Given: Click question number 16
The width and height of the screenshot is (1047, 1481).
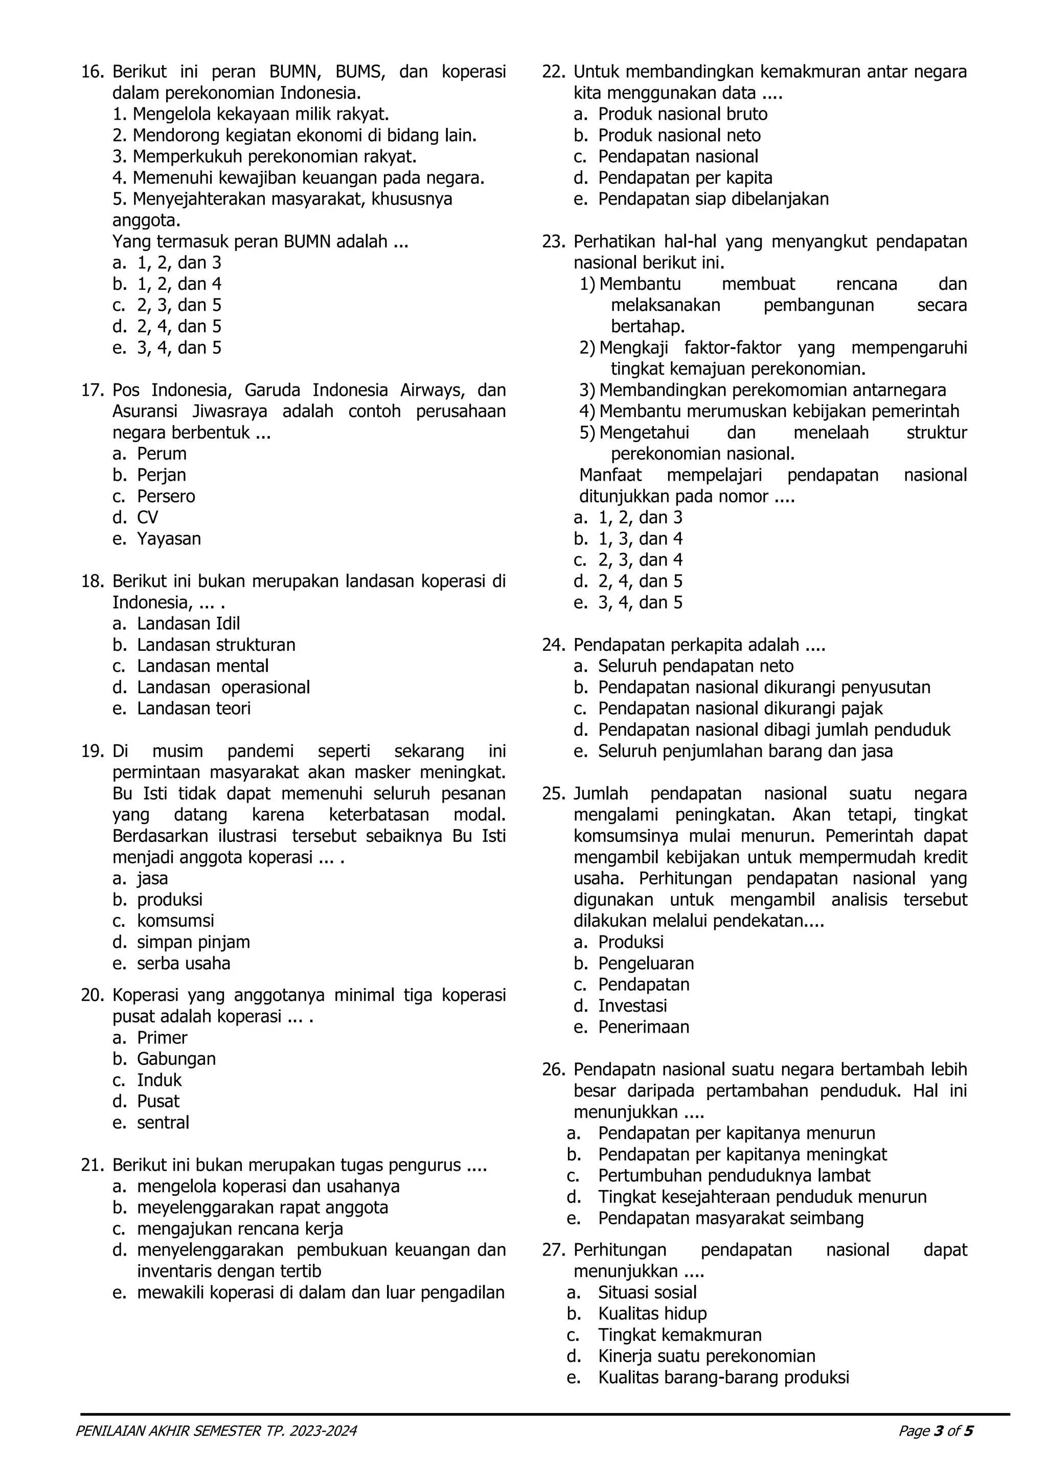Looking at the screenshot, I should (x=92, y=72).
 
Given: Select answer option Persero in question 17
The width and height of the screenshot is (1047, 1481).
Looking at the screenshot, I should (x=166, y=496).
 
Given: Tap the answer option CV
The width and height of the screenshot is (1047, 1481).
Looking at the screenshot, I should (x=147, y=517).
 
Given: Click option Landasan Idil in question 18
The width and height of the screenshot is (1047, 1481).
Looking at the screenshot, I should (x=188, y=624).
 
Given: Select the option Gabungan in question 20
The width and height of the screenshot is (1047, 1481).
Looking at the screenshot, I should (x=176, y=1059).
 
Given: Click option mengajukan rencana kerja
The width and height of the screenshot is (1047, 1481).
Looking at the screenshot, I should (x=240, y=1229).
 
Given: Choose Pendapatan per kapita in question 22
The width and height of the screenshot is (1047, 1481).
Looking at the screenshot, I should (x=685, y=178).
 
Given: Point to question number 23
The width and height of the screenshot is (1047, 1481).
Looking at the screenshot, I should (x=554, y=242).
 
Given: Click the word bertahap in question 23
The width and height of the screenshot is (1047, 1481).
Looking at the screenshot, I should (x=647, y=326).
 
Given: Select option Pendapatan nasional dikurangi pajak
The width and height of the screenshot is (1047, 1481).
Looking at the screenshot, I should (x=740, y=708).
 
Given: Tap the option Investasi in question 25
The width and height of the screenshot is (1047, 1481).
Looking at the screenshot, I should (x=632, y=1006).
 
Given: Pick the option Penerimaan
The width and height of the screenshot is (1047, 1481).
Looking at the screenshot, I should (x=643, y=1027).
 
